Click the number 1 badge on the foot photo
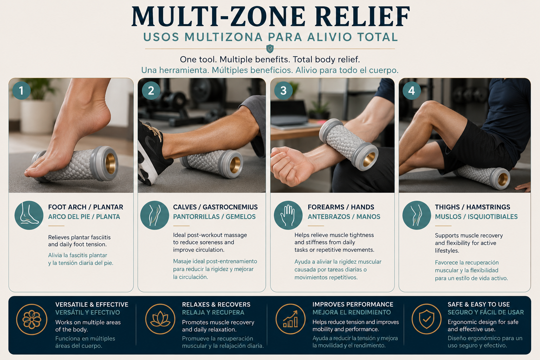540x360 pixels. pos(21,91)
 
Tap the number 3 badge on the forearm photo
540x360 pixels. pos(283,91)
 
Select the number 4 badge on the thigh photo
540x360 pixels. pos(412,91)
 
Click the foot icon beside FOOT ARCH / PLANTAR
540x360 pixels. pos(29,215)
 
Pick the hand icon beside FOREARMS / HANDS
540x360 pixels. pos(288,215)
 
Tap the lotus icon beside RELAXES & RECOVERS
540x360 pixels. pos(160,319)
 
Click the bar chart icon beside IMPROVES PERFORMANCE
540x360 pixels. pos(290,319)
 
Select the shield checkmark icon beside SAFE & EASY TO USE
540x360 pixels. pos(426,319)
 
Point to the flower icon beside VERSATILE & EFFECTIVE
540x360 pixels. pos(32,319)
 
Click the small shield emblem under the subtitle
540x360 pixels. pos(270,49)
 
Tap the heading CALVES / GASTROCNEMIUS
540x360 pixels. pos(215,207)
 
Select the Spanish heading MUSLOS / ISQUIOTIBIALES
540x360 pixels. pos(476,217)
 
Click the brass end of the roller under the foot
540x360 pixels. pos(111,163)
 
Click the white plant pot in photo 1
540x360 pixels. pos(37,117)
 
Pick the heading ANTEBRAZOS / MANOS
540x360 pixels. pos(344,217)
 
